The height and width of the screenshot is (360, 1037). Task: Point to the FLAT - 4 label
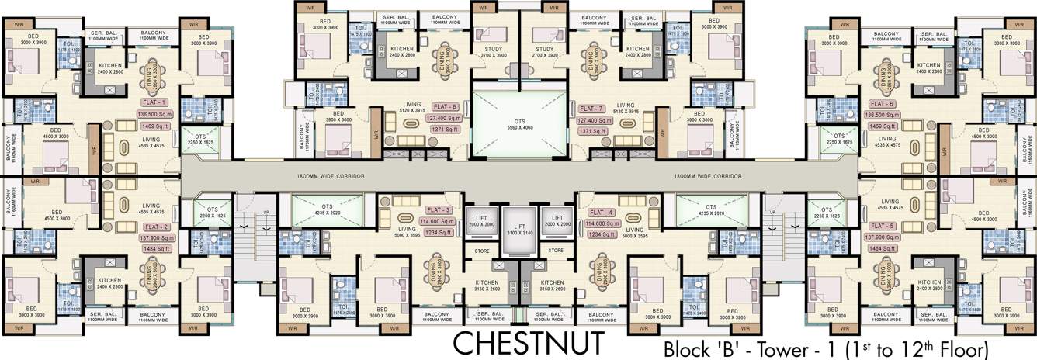click(x=601, y=212)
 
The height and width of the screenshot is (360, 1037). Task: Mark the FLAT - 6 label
click(x=883, y=104)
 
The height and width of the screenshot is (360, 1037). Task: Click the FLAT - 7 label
click(x=591, y=109)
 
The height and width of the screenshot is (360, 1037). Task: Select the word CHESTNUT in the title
click(x=527, y=341)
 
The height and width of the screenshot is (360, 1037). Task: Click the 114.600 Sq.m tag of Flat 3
click(x=437, y=221)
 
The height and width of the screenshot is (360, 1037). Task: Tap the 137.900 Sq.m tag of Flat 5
click(x=884, y=237)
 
